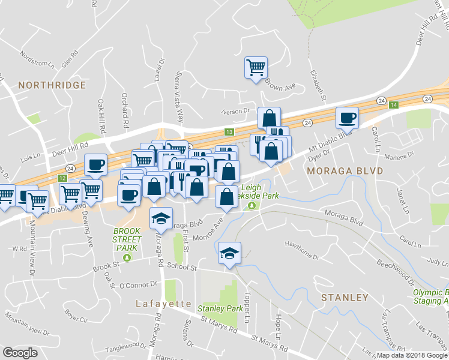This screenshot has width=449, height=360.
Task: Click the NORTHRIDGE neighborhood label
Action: (52, 85)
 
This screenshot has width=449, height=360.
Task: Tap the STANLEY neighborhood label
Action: (344, 298)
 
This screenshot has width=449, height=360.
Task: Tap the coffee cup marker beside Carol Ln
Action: (346, 117)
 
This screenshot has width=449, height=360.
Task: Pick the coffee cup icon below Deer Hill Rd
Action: (96, 164)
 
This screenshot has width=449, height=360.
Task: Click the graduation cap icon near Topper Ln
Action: (229, 254)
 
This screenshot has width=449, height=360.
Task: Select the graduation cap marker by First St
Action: (160, 219)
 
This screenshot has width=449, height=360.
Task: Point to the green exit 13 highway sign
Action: (229, 131)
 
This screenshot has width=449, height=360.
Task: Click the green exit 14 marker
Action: (393, 105)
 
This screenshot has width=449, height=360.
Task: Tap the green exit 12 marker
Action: (62, 179)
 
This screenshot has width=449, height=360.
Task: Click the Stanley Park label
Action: (220, 309)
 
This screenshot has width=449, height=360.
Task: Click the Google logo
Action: (20, 353)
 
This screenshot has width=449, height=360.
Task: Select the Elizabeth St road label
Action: (318, 85)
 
